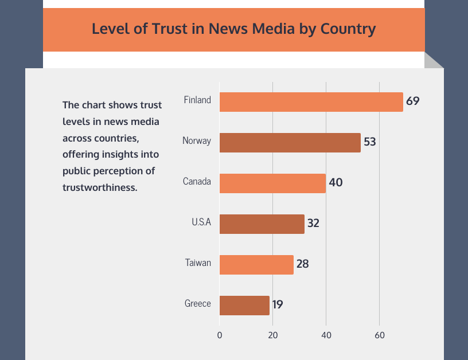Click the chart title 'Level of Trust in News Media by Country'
pyautogui.click(x=234, y=29)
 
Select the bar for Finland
pyautogui.click(x=311, y=101)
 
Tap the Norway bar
pyautogui.click(x=290, y=142)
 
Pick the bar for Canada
pyautogui.click(x=272, y=183)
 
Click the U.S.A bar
pyautogui.click(x=262, y=224)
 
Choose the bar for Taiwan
pyautogui.click(x=256, y=264)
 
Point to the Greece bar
pyautogui.click(x=244, y=305)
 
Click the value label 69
pyautogui.click(x=413, y=101)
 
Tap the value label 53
pyautogui.click(x=370, y=142)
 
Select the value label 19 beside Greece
pyautogui.click(x=278, y=305)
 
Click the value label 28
pyautogui.click(x=302, y=264)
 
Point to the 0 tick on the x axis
pyautogui.click(x=220, y=335)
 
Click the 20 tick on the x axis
pyautogui.click(x=273, y=335)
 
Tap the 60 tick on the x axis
pyautogui.click(x=379, y=335)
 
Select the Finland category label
pyautogui.click(x=197, y=100)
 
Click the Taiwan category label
pyautogui.click(x=198, y=263)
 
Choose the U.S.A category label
pyautogui.click(x=201, y=222)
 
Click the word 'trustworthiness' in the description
pyautogui.click(x=100, y=187)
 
